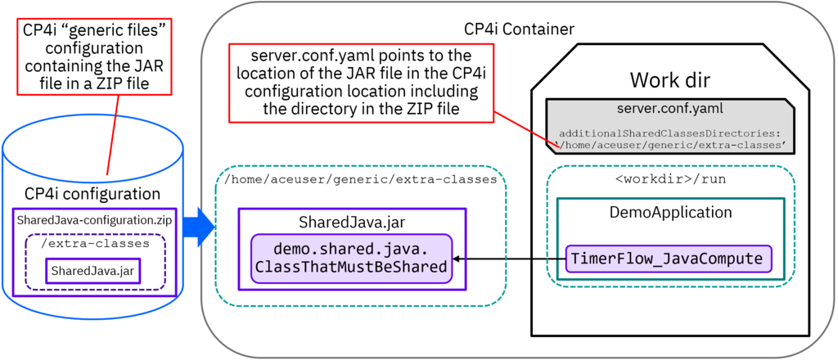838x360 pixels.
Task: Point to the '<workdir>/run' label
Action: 669,178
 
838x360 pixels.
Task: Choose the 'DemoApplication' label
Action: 669,212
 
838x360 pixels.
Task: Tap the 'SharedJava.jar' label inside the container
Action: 352,222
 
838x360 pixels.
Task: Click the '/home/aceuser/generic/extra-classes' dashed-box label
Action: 360,178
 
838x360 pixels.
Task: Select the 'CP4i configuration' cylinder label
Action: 92,194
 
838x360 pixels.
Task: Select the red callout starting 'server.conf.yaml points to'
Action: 352,82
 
